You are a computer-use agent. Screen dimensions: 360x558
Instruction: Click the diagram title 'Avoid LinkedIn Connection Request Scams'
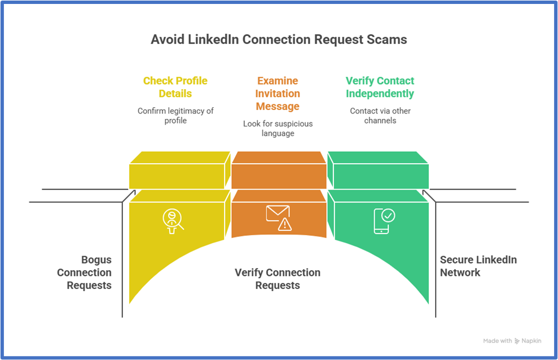pyautogui.click(x=279, y=39)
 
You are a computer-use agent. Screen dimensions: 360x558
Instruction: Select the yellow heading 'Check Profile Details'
pyautogui.click(x=175, y=87)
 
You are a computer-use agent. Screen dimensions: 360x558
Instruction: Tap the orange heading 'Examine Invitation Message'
pyautogui.click(x=278, y=93)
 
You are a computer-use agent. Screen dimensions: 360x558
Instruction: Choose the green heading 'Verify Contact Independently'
pyautogui.click(x=380, y=87)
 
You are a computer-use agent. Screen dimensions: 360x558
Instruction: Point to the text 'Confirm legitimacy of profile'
pyautogui.click(x=175, y=116)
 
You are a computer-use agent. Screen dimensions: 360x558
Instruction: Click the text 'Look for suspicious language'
pyautogui.click(x=278, y=128)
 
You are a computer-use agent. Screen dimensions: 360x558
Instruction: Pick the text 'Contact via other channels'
pyautogui.click(x=380, y=116)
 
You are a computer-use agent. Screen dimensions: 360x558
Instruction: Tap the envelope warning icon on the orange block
pyautogui.click(x=278, y=217)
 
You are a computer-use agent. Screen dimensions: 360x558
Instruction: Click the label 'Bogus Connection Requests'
pyautogui.click(x=85, y=273)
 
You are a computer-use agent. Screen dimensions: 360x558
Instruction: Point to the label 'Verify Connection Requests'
pyautogui.click(x=278, y=279)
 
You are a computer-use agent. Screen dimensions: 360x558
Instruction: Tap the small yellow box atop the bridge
pyautogui.click(x=179, y=171)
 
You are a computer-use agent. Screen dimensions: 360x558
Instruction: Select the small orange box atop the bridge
pyautogui.click(x=278, y=171)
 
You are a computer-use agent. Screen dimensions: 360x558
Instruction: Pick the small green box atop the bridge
pyautogui.click(x=378, y=171)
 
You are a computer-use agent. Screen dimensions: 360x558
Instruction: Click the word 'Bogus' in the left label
pyautogui.click(x=96, y=260)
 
